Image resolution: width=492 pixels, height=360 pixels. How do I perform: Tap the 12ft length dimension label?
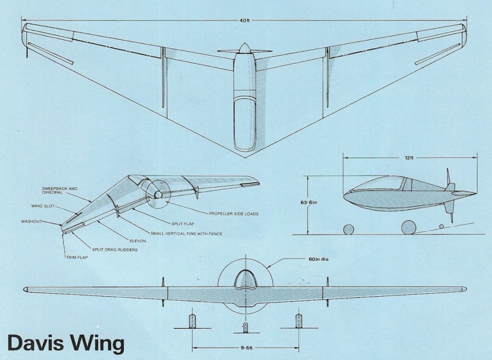409,157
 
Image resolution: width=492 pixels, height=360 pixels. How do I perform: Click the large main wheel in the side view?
409,228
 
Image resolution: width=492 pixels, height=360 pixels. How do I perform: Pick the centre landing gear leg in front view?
246,327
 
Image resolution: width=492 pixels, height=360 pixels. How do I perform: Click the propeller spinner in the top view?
244,48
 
